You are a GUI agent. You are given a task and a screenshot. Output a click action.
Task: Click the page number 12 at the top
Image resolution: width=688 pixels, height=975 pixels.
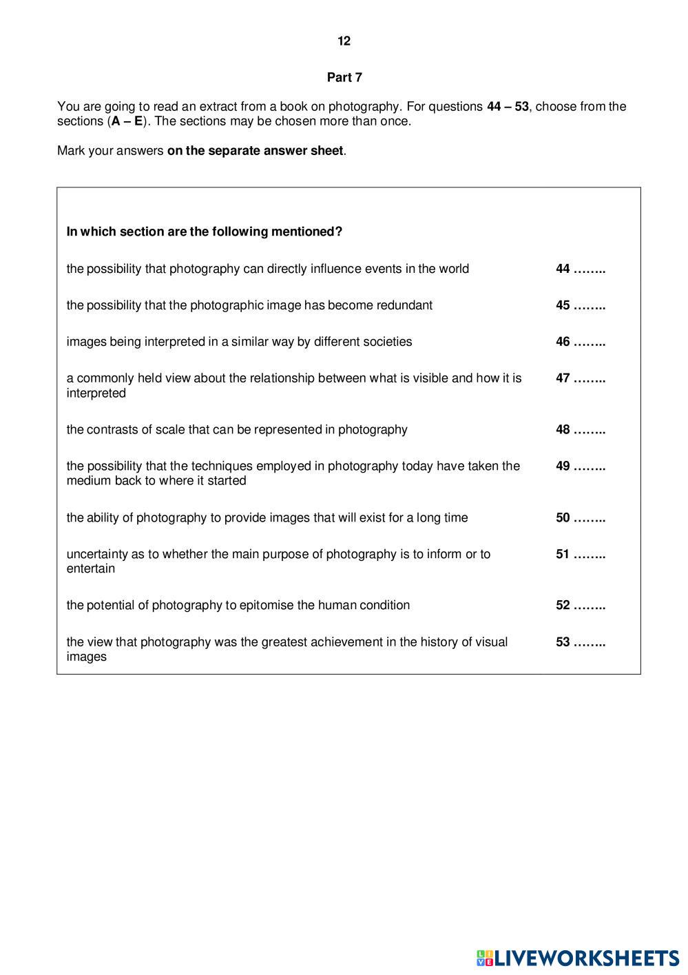344,41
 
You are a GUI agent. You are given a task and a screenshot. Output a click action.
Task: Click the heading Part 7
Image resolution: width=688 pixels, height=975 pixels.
344,78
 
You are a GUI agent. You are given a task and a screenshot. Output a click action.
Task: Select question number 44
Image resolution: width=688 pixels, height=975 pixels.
563,269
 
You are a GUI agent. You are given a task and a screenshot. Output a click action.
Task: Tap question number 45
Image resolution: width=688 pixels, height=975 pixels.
563,305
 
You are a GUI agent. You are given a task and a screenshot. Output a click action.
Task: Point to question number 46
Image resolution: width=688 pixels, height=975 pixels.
563,342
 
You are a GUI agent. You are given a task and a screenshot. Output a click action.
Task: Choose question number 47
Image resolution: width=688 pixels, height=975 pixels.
563,378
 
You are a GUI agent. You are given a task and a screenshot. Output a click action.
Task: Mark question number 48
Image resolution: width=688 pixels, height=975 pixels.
563,429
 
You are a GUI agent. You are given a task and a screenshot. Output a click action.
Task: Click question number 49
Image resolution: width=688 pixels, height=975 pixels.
563,466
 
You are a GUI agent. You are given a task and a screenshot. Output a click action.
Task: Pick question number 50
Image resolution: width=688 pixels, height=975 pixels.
563,517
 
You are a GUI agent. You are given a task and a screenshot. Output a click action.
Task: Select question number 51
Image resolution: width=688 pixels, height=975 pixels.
563,554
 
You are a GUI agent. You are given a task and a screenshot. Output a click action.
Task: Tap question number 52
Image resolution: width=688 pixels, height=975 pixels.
563,605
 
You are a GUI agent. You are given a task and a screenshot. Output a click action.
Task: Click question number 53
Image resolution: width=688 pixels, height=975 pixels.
563,642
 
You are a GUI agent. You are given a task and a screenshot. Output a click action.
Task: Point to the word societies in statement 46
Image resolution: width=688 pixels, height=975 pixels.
387,342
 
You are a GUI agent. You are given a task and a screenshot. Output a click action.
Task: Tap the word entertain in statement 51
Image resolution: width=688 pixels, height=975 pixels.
91,569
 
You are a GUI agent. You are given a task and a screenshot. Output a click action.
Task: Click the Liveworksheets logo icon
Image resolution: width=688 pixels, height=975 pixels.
485,958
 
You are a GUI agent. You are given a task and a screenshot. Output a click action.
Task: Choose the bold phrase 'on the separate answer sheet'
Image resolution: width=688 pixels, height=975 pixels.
255,150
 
